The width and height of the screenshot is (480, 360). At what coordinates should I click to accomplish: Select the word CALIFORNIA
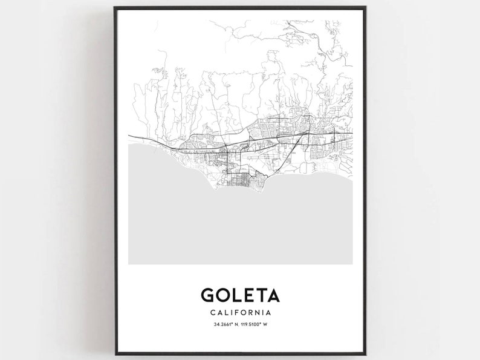[240, 313]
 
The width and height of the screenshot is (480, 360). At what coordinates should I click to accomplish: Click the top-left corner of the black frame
[115, 8]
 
